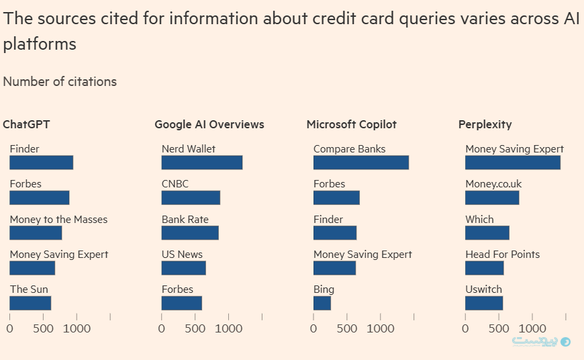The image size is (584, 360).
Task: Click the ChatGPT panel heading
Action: click(26, 124)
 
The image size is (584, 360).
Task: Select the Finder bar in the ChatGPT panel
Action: click(41, 163)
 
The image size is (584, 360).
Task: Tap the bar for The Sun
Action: click(30, 303)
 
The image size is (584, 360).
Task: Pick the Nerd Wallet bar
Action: click(201, 163)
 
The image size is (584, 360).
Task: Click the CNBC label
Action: click(175, 184)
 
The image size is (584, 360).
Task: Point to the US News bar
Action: click(183, 268)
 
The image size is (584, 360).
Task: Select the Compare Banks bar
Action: click(360, 163)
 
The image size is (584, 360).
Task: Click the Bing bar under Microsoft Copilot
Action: click(322, 303)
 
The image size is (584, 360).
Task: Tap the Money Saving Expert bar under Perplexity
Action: click(512, 163)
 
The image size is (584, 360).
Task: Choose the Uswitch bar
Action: click(484, 303)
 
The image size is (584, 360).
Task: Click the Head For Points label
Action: click(502, 255)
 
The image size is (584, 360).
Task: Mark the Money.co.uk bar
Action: click(492, 197)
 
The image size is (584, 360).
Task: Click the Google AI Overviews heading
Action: click(209, 124)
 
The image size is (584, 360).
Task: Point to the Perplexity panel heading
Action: click(485, 124)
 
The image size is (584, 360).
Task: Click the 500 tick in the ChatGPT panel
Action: click(43, 329)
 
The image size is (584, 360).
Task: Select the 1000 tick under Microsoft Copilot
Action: click(381, 329)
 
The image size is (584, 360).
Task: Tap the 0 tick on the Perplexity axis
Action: click(465, 329)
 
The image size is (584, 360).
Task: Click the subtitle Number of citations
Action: click(60, 82)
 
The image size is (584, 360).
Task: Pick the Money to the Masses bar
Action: click(36, 232)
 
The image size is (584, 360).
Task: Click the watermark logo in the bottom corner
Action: click(541, 341)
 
